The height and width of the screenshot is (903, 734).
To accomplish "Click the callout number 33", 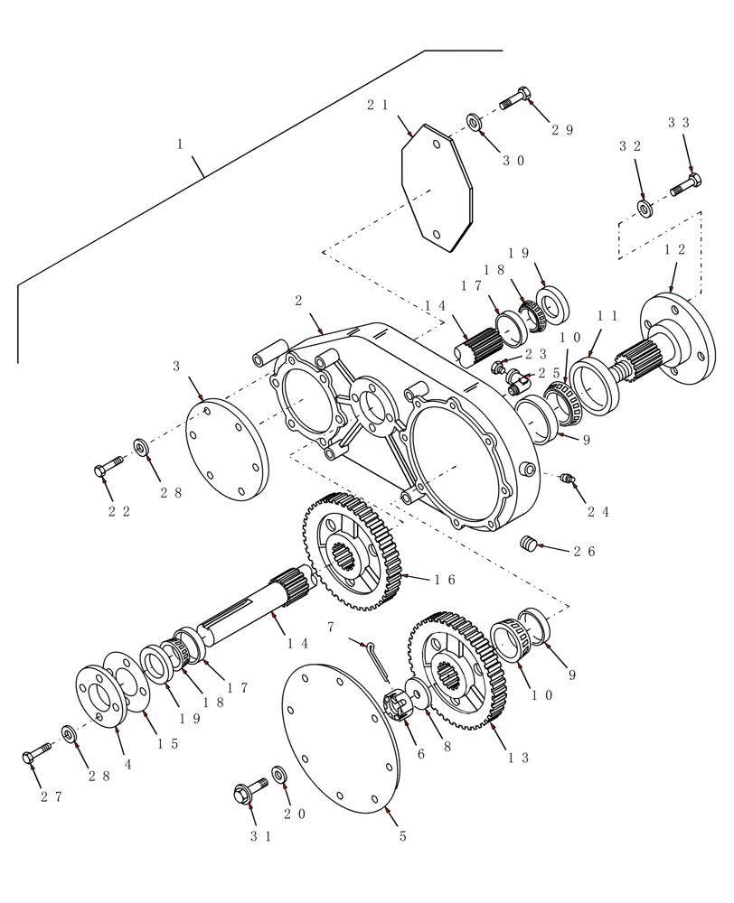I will tap(679, 123).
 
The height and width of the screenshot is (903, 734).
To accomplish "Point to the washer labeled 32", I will tap(645, 209).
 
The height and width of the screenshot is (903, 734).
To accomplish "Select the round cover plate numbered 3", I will tap(227, 450).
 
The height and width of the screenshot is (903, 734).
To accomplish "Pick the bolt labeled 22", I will tap(108, 468).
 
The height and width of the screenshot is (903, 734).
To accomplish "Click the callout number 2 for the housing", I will tap(298, 301).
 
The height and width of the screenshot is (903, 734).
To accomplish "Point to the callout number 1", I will tap(180, 144).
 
